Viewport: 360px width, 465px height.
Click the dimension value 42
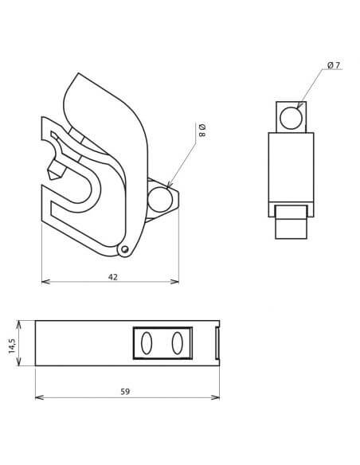click(112, 277)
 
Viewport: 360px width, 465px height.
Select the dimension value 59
click(125, 392)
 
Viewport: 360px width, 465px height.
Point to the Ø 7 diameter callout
click(334, 65)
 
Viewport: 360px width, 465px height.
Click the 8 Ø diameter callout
click(202, 131)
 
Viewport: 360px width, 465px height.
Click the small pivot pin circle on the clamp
click(125, 249)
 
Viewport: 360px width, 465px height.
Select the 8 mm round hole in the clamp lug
click(160, 199)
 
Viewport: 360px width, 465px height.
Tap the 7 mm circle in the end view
click(292, 118)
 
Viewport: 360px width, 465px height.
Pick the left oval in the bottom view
click(147, 343)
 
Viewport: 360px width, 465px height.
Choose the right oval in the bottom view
click(178, 343)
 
